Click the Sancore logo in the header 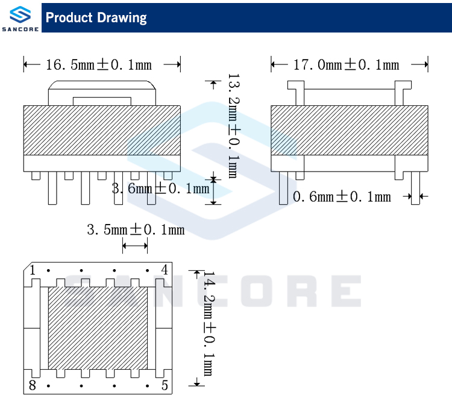point(20,18)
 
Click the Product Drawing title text point(96,18)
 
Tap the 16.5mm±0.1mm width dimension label point(99,64)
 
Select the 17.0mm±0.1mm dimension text point(346,64)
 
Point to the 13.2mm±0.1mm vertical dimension point(234,126)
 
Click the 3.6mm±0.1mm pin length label point(160,188)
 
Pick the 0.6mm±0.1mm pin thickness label point(342,197)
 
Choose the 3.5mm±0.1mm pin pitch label point(136,230)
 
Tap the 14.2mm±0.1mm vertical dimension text point(210,323)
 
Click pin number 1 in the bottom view point(33,270)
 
